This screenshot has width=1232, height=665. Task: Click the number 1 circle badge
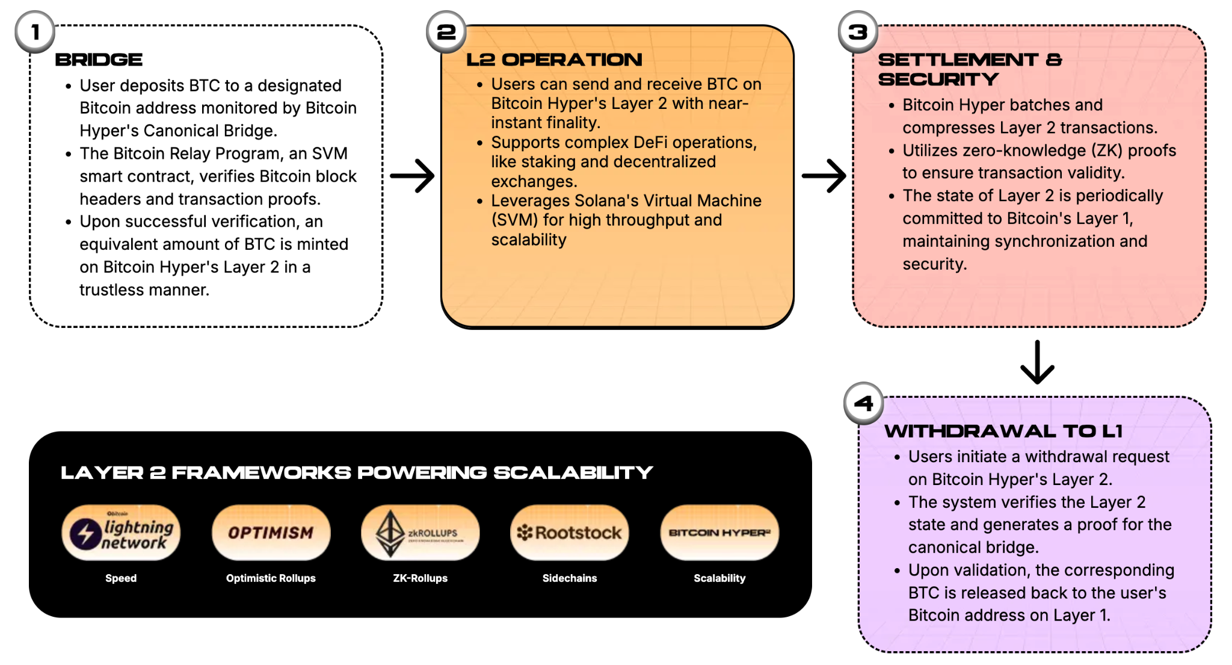35,32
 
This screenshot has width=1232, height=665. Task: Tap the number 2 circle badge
446,32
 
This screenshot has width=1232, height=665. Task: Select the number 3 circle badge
858,32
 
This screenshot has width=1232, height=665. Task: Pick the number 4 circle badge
863,403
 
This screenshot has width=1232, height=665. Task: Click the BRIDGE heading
99,60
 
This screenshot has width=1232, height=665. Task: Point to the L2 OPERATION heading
554,60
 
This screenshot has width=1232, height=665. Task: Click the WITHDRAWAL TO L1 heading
1003,431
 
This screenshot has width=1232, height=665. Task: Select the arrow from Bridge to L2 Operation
412,176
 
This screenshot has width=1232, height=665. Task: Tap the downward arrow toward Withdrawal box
1037,362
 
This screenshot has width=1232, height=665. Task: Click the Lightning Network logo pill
121,533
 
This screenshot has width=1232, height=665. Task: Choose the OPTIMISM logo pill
271,533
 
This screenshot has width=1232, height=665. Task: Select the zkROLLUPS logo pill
420,533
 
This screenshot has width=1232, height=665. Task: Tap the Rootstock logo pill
570,533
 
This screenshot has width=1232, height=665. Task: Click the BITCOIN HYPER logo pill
719,533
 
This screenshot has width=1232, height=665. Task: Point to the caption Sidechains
570,578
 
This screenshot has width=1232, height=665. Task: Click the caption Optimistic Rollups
271,578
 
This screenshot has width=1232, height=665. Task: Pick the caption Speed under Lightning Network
121,578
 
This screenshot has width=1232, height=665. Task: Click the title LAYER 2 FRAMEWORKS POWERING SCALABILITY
356,473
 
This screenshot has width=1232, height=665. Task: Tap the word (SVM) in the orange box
514,220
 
